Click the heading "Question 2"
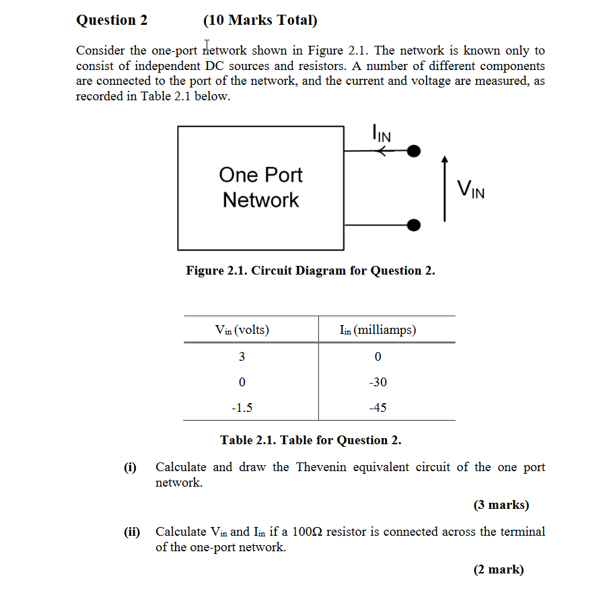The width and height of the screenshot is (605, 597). click(112, 20)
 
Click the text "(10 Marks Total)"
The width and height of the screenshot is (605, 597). click(260, 20)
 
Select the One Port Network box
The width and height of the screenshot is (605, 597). click(260, 186)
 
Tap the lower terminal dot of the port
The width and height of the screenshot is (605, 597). click(415, 224)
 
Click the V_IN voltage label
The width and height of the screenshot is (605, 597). click(470, 189)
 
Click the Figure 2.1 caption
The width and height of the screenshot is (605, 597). click(310, 271)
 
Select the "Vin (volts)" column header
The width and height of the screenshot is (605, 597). click(242, 330)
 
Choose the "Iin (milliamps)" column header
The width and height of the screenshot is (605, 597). click(378, 330)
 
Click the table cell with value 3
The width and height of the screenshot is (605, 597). click(242, 356)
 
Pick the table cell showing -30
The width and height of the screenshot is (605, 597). click(378, 382)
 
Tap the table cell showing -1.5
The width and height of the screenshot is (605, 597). click(242, 407)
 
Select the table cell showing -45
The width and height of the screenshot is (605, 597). click(378, 407)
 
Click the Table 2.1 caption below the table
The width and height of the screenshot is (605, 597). click(310, 440)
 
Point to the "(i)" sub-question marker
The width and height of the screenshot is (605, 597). click(129, 467)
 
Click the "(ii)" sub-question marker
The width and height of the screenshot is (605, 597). click(131, 532)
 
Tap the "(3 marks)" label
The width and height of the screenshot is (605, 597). click(501, 504)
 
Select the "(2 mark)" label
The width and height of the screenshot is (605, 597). click(498, 569)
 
